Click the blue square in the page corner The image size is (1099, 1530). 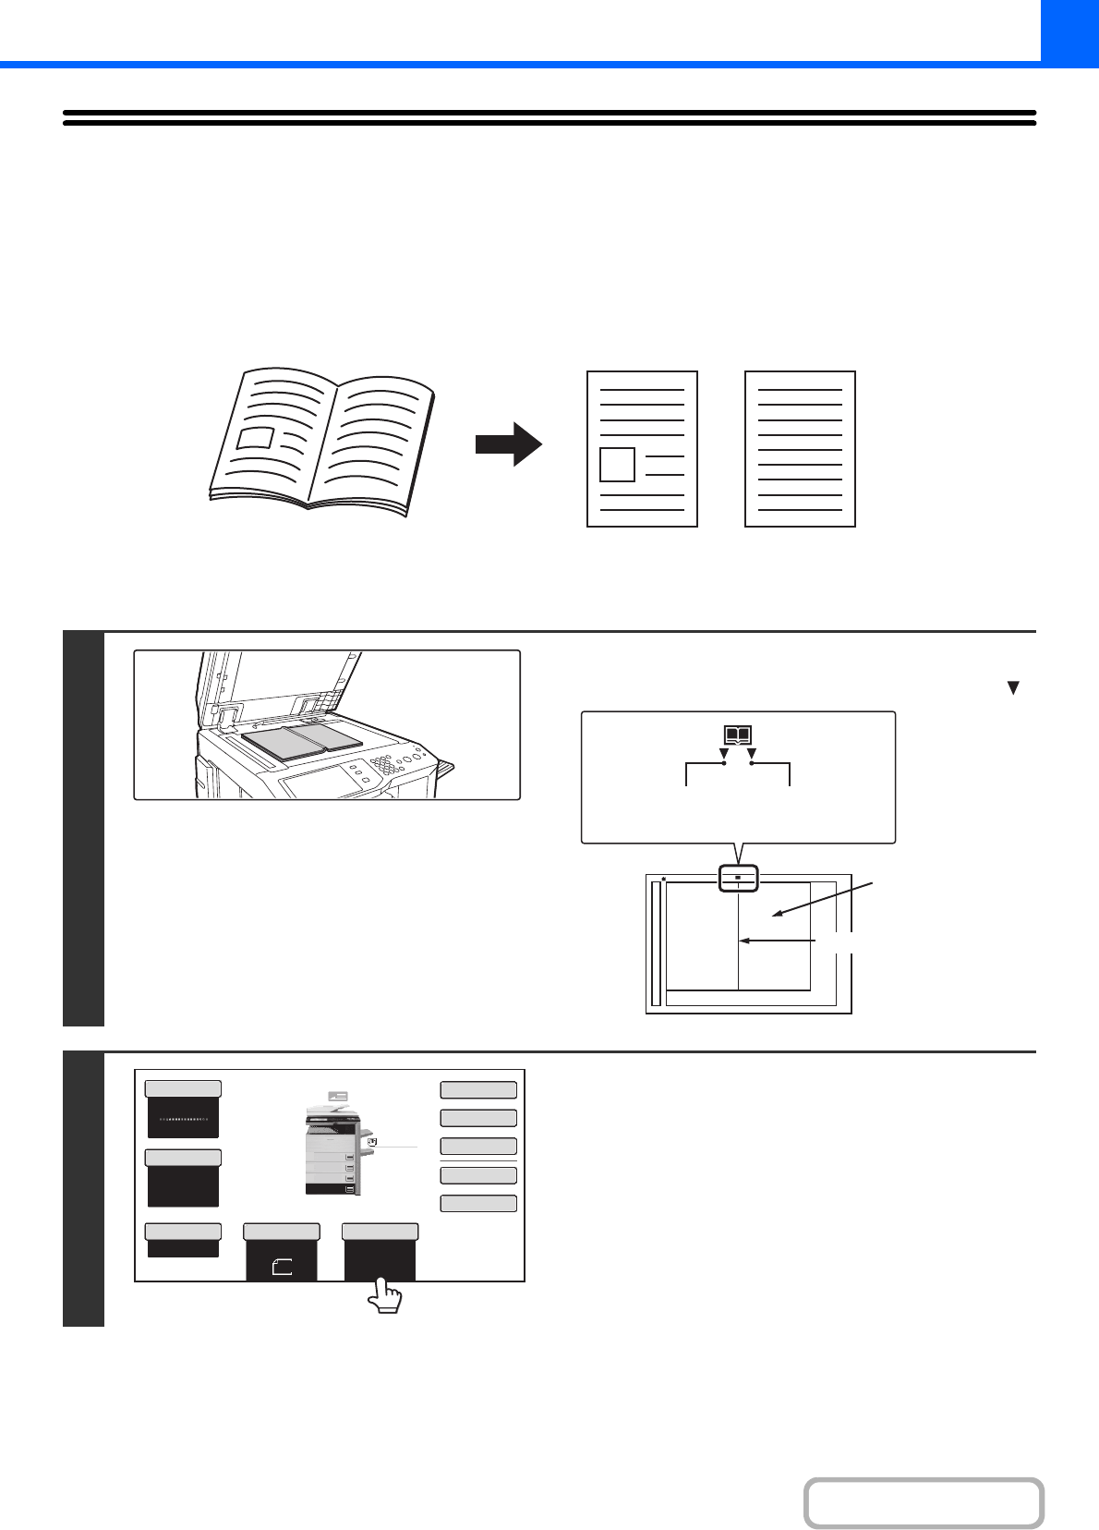click(1069, 30)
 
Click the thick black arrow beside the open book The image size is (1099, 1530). click(509, 444)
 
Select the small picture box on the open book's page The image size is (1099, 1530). click(256, 437)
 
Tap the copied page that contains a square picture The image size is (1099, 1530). click(642, 449)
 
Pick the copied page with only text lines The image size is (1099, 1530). click(800, 449)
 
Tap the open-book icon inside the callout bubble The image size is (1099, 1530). click(737, 736)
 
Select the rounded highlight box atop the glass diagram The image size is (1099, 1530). click(738, 878)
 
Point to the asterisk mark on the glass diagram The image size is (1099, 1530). click(664, 880)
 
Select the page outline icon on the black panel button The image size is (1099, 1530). click(282, 1268)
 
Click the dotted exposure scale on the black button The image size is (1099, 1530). click(183, 1119)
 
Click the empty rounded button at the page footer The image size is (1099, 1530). click(924, 1503)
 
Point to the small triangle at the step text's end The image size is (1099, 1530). click(1013, 688)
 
